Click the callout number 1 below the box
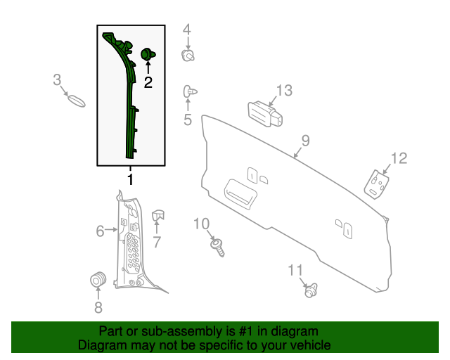click(x=130, y=180)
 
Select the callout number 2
click(x=148, y=82)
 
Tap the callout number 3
click(x=58, y=80)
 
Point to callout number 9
click(x=305, y=141)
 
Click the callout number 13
click(x=283, y=90)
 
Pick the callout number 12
click(x=399, y=158)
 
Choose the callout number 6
click(x=100, y=230)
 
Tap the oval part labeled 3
click(x=76, y=99)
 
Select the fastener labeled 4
click(x=188, y=55)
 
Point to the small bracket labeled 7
click(x=157, y=216)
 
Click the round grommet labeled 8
click(x=98, y=279)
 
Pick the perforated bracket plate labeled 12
click(x=377, y=183)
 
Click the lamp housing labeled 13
click(x=264, y=114)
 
